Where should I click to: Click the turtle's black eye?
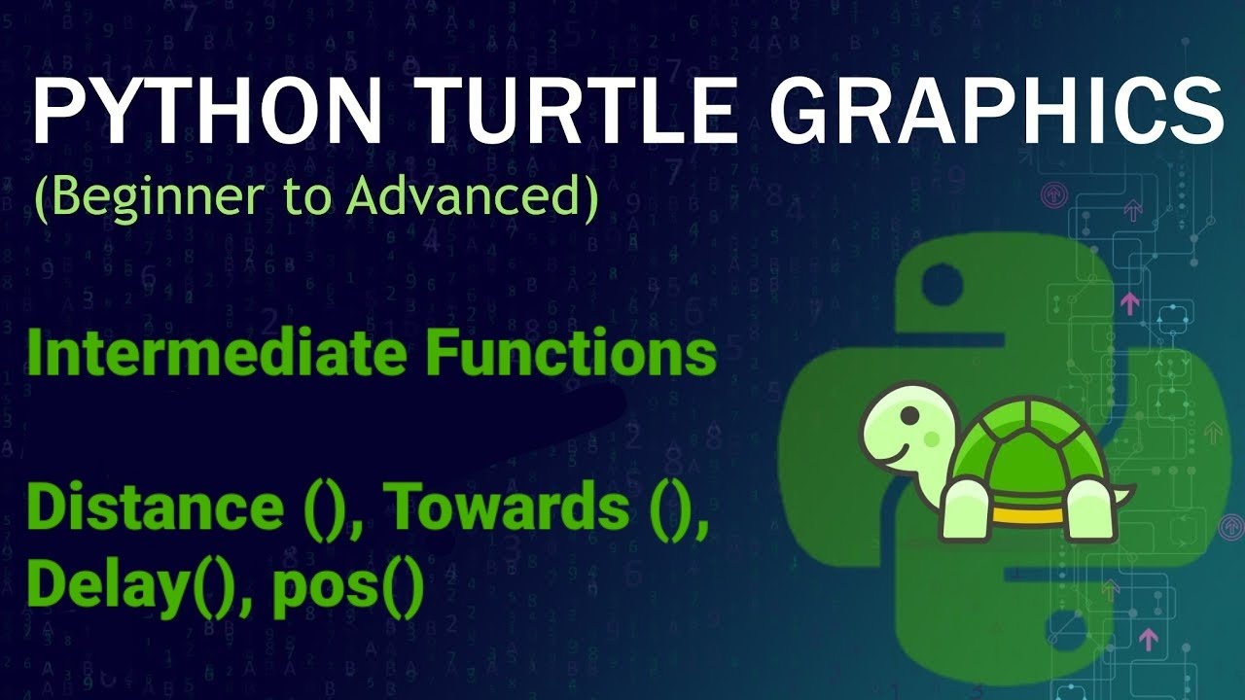point(908,416)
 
